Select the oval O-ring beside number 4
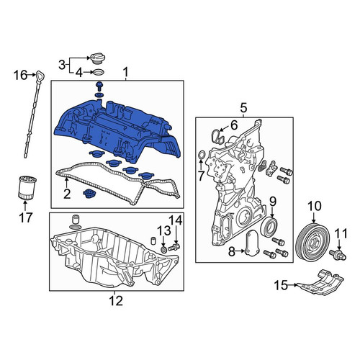pos(99,72)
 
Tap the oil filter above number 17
pos(27,188)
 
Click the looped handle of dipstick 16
pos(40,76)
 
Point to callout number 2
pos(67,194)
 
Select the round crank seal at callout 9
pos(271,227)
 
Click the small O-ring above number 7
pos(202,155)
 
